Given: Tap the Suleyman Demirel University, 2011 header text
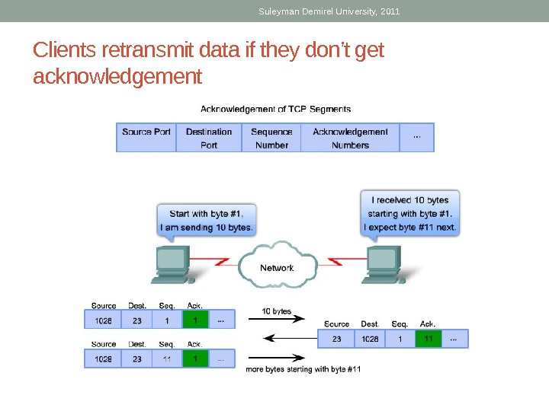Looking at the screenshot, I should (329, 11).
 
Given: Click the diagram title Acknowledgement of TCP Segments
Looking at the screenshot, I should (275, 109).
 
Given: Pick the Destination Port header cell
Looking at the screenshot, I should (209, 137).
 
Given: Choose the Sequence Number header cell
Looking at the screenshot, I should (271, 137).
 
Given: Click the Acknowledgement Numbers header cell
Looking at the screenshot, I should (350, 137).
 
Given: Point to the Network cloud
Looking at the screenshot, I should (277, 267).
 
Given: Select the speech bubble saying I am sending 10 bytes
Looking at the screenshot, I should (207, 220).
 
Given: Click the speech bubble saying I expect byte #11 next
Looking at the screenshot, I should (409, 214).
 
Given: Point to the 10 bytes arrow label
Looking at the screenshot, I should (277, 311).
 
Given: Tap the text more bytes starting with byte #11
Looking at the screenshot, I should (303, 369).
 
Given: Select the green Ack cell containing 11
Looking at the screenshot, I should (428, 339).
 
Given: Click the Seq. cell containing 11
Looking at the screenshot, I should (166, 358).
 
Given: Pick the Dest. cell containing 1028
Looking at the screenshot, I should (370, 339).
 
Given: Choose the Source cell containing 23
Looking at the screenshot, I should (336, 339).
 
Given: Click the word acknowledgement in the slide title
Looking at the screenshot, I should (118, 77).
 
